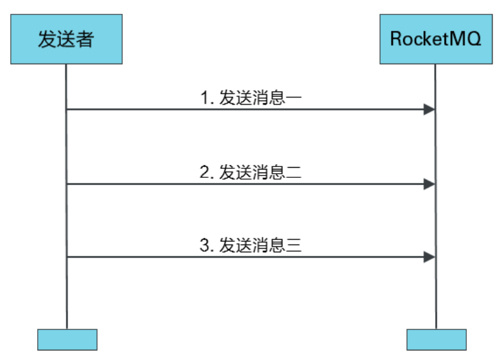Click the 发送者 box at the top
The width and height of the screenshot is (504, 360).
point(66,40)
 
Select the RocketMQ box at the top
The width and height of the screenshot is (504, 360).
point(436,40)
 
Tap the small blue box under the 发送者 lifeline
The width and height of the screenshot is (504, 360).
point(67,339)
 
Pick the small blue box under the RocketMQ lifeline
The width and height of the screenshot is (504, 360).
point(436,339)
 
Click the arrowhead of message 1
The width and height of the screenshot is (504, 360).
point(429,110)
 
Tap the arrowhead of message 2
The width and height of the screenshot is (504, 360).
point(429,184)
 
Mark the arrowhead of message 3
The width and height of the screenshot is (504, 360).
point(429,257)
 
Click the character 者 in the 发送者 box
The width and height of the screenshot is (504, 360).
point(85,40)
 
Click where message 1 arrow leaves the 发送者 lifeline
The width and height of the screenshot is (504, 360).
point(67,110)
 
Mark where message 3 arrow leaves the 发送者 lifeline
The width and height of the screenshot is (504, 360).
point(67,257)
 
